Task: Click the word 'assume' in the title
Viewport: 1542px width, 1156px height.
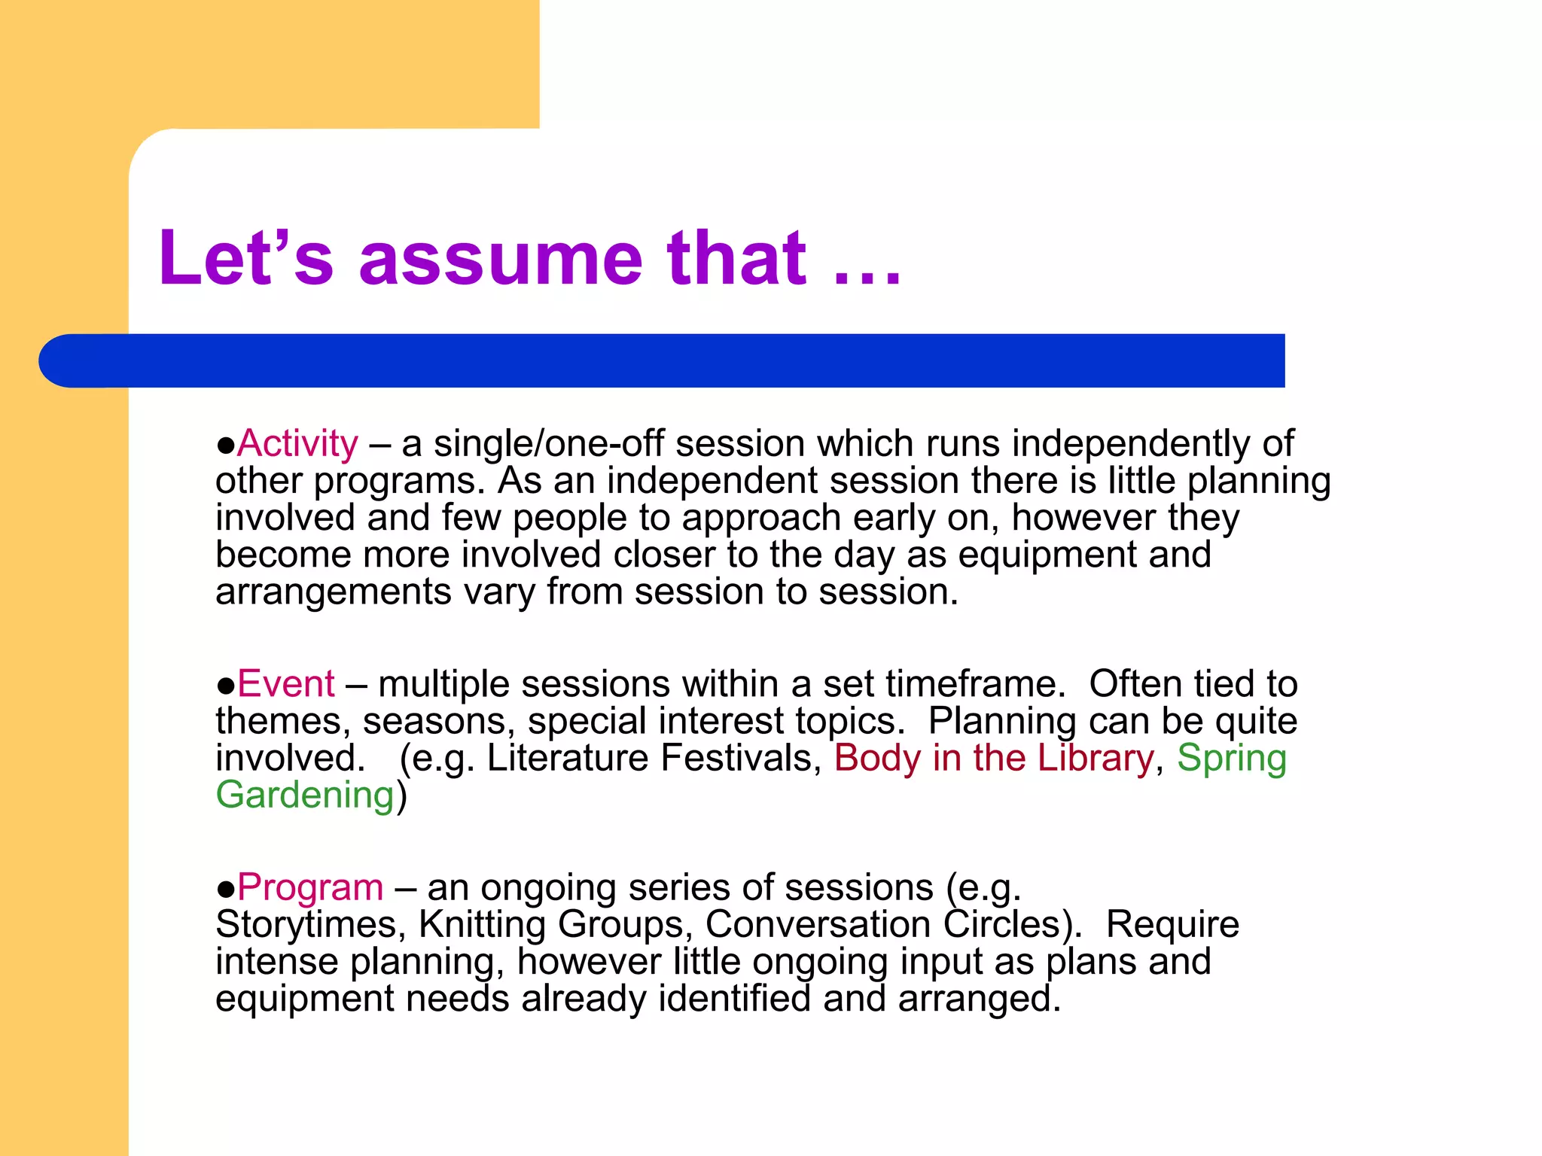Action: click(x=501, y=260)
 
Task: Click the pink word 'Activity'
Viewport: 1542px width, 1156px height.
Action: click(x=297, y=443)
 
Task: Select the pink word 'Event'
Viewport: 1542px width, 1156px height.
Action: click(x=285, y=684)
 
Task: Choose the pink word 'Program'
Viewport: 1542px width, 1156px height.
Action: click(x=310, y=887)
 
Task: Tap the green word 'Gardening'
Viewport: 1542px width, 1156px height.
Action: click(x=305, y=795)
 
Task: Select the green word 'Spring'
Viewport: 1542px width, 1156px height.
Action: click(x=1232, y=758)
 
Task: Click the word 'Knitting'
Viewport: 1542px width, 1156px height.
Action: click(x=482, y=924)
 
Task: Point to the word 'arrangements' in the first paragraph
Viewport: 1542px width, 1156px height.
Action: click(x=333, y=592)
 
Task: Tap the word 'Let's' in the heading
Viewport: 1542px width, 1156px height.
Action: click(x=245, y=260)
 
